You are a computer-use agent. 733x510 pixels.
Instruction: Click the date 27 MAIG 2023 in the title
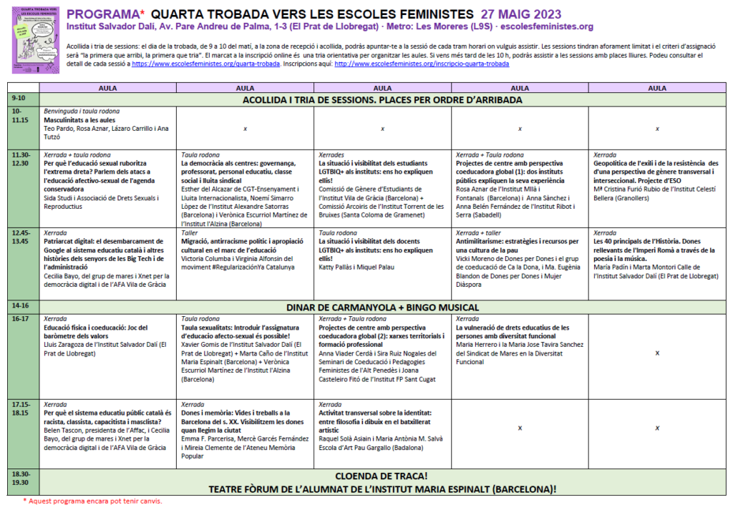point(521,14)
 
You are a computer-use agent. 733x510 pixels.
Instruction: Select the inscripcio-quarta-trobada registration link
point(422,64)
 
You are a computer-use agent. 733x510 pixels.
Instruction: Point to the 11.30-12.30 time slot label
point(22,159)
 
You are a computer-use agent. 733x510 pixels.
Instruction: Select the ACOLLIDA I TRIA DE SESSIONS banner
point(382,99)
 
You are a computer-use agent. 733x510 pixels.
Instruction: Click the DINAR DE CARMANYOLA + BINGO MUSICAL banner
point(382,308)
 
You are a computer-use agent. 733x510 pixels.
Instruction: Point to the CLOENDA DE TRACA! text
point(382,475)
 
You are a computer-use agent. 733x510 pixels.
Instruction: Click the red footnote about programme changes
point(93,501)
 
